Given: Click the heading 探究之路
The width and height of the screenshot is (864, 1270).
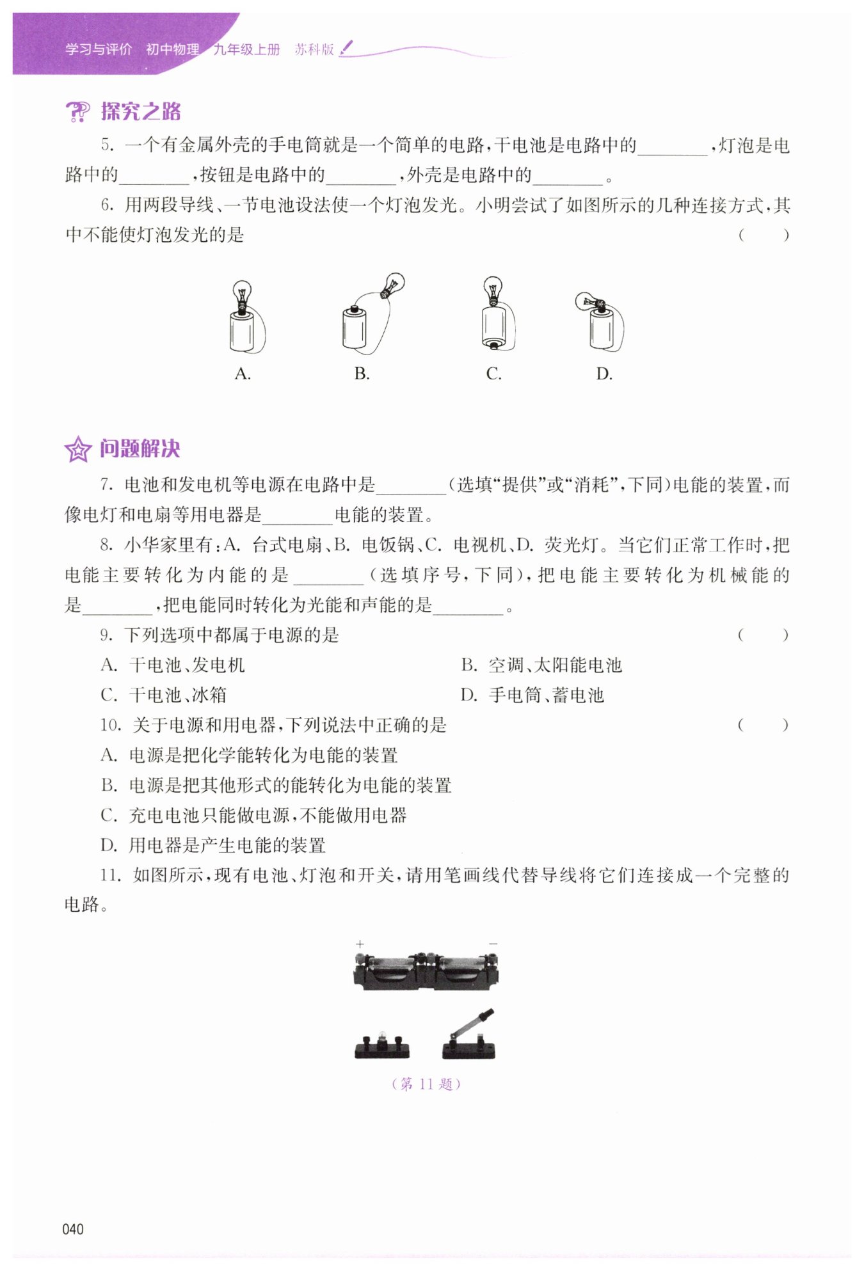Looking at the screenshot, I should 141,112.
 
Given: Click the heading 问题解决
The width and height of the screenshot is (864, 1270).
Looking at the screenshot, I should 140,449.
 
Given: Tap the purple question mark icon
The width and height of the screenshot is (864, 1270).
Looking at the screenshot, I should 78,112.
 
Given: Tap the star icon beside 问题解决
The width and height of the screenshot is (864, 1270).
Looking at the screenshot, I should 78,450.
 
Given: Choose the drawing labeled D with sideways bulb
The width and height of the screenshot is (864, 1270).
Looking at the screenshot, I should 602,321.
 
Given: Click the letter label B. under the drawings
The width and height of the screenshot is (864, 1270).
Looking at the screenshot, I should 362,374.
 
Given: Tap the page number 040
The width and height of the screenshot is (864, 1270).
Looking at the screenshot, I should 73,1229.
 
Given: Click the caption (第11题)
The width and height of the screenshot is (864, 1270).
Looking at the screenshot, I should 426,1084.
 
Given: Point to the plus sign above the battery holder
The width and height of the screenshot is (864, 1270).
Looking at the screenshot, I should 360,944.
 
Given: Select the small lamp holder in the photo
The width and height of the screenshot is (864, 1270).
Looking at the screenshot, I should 382,1045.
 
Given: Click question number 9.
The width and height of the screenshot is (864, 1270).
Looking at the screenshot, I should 106,635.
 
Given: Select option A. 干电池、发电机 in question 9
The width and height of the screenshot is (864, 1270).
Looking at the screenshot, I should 173,665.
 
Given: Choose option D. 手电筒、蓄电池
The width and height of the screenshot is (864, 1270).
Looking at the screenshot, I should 532,695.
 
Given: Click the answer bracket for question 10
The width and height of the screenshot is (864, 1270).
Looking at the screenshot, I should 763,726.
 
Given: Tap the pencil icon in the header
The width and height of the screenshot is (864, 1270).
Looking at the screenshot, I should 346,48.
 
